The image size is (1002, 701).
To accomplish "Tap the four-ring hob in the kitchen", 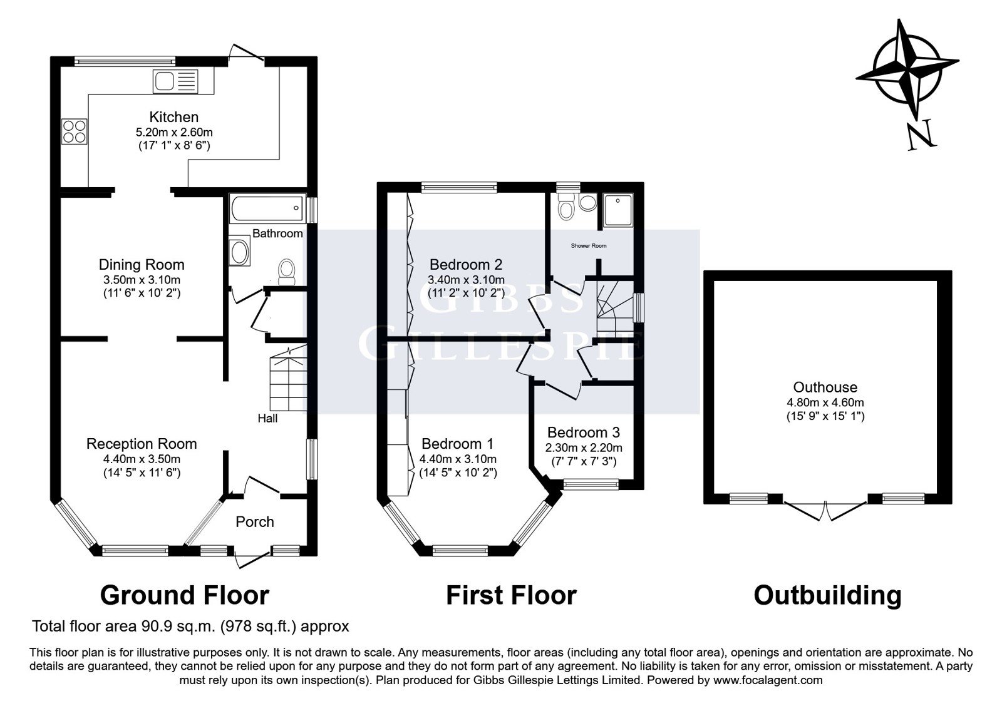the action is point(75,131).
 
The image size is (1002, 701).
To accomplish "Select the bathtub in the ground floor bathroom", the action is point(267,208).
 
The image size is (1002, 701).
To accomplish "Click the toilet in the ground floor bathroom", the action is point(286,272).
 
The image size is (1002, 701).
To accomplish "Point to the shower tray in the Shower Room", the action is point(617,210).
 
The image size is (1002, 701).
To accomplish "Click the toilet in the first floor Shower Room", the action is point(566,207).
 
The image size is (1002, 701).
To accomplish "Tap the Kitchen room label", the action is point(174,117).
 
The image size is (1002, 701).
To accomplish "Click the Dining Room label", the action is point(142,265).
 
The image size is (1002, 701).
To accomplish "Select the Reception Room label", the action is point(142,444).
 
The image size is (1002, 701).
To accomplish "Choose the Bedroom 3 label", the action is point(583,432).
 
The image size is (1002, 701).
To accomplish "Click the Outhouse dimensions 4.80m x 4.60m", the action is point(825,403).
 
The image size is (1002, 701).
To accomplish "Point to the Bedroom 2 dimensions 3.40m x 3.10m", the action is point(466,280).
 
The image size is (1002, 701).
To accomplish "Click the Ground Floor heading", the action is point(184,595).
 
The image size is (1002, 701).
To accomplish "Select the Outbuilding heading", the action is point(827,595).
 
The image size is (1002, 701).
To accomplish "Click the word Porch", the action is point(254,522).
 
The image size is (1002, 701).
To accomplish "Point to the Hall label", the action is point(267,419).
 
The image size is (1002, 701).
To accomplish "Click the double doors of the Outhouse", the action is point(825,511).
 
